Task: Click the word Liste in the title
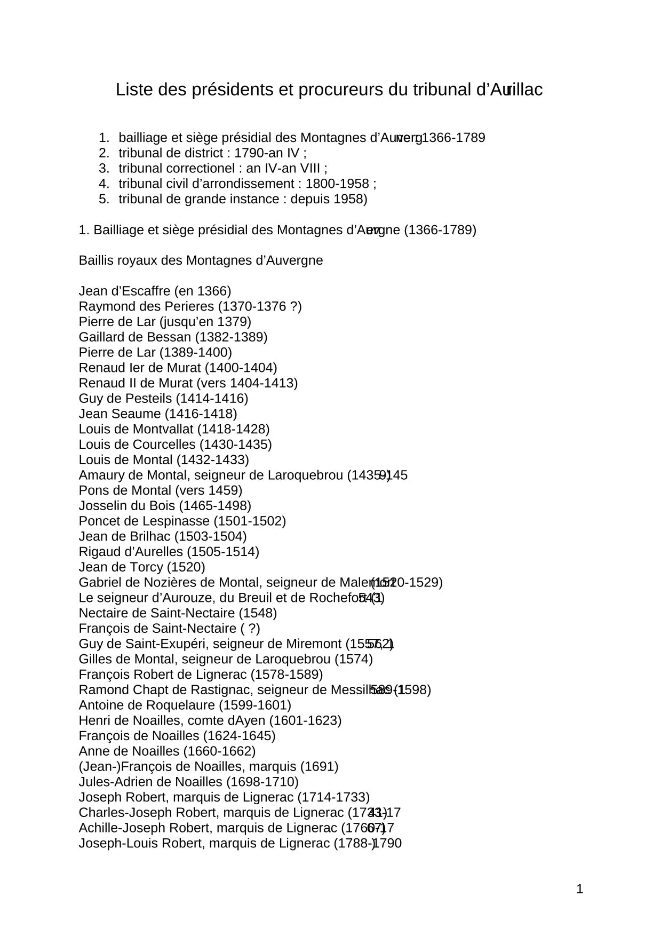[133, 90]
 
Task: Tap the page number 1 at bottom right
[580, 889]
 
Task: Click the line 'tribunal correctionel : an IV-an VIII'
[222, 169]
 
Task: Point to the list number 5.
[103, 199]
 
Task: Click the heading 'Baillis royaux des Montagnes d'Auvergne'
[201, 260]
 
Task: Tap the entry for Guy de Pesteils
[163, 399]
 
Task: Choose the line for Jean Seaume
[158, 414]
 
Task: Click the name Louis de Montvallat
[136, 429]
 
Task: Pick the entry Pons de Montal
[160, 490]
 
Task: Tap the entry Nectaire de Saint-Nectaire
[178, 613]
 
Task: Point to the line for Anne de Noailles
[167, 751]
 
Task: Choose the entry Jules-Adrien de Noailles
[188, 782]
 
